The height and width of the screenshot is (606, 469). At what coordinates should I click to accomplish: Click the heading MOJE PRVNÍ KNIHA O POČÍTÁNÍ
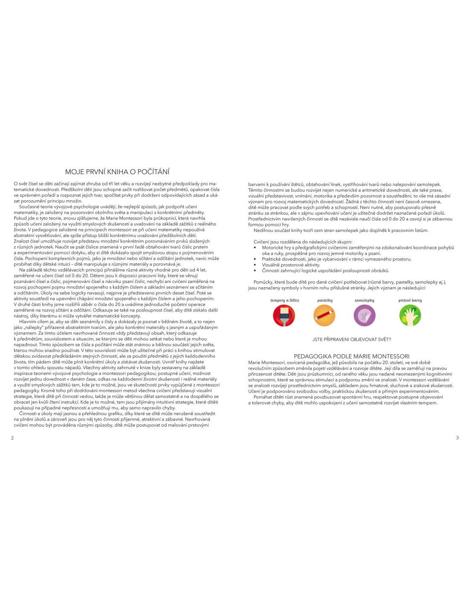pyautogui.click(x=117, y=172)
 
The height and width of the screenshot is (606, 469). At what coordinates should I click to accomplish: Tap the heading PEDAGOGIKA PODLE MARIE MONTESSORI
pyautogui.click(x=351, y=356)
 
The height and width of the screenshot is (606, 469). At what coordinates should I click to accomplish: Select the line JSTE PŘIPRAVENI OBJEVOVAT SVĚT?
pyautogui.click(x=351, y=339)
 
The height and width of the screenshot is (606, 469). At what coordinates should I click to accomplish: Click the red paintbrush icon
pyautogui.click(x=284, y=316)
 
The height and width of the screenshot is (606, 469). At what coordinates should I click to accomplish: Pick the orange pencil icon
pyautogui.click(x=324, y=316)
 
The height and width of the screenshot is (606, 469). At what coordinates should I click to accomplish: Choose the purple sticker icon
pyautogui.click(x=365, y=316)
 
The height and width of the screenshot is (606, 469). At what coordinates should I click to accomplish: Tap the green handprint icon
pyautogui.click(x=410, y=316)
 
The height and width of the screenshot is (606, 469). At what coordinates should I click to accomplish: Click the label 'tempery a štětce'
pyautogui.click(x=284, y=300)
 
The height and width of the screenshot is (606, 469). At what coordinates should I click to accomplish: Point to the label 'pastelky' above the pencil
pyautogui.click(x=325, y=300)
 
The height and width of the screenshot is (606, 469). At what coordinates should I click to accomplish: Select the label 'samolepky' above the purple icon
pyautogui.click(x=365, y=300)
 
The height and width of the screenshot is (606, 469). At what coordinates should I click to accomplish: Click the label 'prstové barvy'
pyautogui.click(x=410, y=300)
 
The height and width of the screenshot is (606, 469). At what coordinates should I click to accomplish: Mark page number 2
pyautogui.click(x=12, y=438)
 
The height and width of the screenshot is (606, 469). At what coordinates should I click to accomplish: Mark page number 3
pyautogui.click(x=457, y=438)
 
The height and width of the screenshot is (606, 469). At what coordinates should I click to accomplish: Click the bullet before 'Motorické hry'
pyautogui.click(x=255, y=248)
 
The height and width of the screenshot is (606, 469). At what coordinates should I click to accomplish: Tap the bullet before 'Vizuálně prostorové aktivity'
pyautogui.click(x=255, y=265)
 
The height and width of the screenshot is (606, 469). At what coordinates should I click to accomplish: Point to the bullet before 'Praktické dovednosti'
pyautogui.click(x=255, y=259)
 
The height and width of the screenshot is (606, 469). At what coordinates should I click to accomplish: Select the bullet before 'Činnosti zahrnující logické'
pyautogui.click(x=255, y=271)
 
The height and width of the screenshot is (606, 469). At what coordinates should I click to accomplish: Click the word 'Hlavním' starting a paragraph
pyautogui.click(x=28, y=322)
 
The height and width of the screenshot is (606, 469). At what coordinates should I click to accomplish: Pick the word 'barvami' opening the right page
pyautogui.click(x=256, y=185)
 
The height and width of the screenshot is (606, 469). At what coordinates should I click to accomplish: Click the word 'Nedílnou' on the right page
pyautogui.click(x=263, y=231)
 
